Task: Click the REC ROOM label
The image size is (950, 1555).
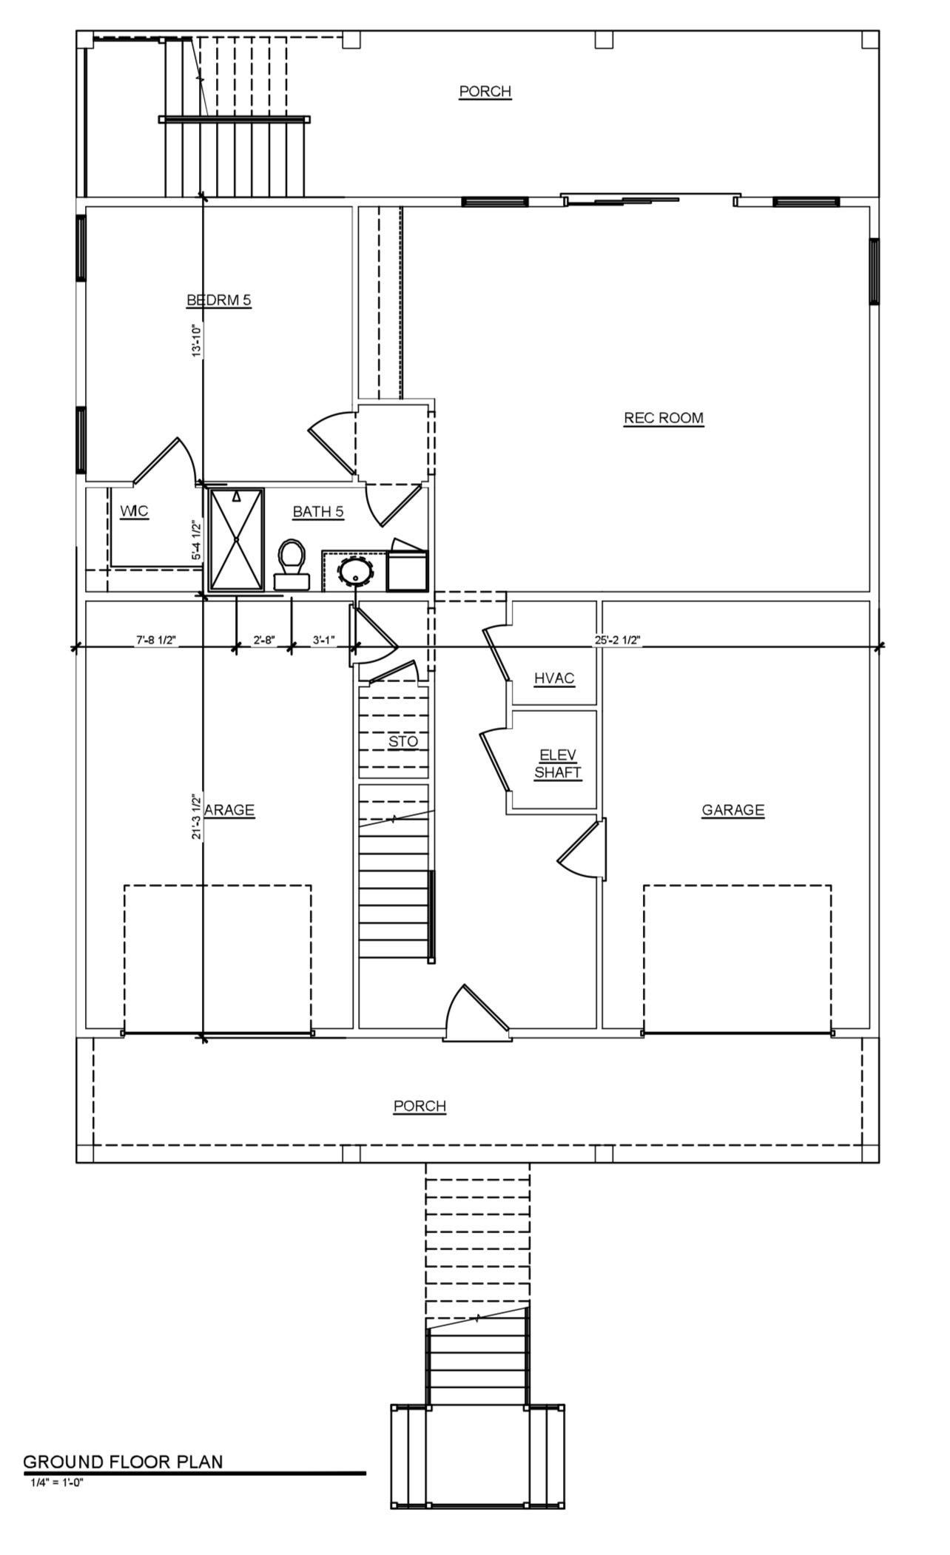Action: pos(663,418)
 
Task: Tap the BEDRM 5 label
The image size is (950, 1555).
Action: pos(219,300)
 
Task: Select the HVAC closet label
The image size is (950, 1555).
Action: pos(554,678)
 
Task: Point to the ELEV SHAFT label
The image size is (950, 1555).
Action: pos(557,763)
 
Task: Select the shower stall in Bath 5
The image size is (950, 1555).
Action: pos(236,539)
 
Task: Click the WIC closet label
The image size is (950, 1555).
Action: pos(134,511)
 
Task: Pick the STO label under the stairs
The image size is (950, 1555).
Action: pos(403,741)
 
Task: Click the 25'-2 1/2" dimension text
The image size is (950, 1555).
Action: pos(618,640)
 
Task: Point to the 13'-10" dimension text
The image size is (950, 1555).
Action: pos(197,341)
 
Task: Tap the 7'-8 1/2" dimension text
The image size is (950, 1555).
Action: pos(156,640)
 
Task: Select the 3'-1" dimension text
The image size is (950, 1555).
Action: pos(324,640)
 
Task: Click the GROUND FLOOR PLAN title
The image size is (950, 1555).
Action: pos(123,1462)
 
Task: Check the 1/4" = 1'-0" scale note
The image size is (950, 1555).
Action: pos(57,1482)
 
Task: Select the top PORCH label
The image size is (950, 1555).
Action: pos(485,91)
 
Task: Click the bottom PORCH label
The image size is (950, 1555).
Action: pos(420,1106)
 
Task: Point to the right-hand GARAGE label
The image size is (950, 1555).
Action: pos(732,810)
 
